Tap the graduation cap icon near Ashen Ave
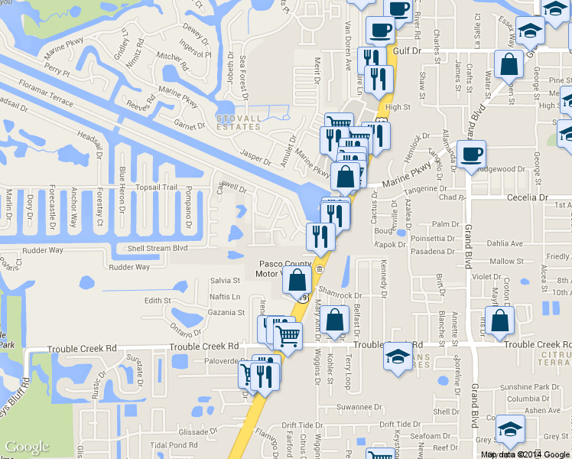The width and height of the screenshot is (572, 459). pyautogui.click(x=510, y=431)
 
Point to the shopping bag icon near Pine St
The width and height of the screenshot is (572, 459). pyautogui.click(x=509, y=66)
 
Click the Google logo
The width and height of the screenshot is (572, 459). pyautogui.click(x=27, y=447)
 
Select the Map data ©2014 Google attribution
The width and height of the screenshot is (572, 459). pyautogui.click(x=525, y=454)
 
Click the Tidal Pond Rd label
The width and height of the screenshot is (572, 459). pyautogui.click(x=174, y=444)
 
